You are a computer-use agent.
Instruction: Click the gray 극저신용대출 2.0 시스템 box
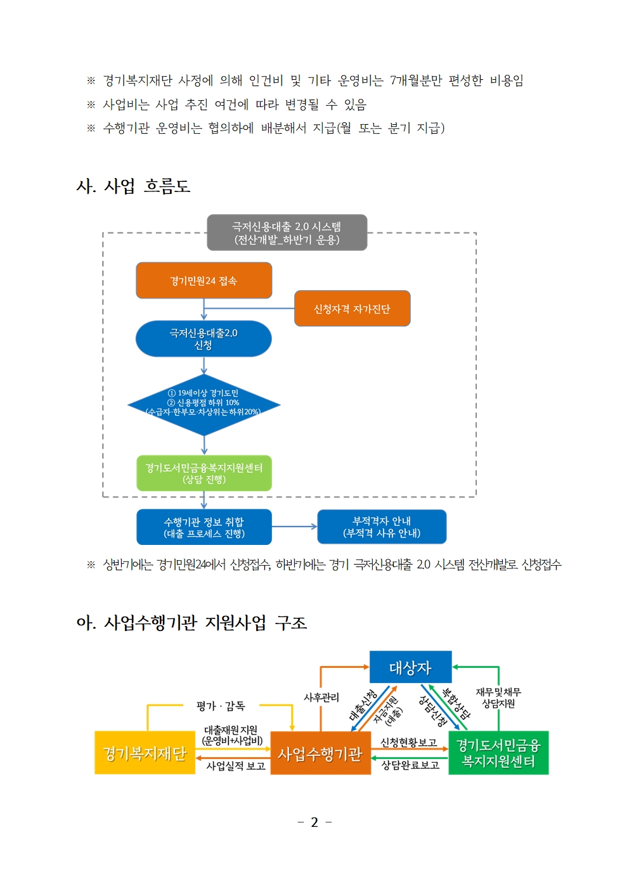click(x=287, y=233)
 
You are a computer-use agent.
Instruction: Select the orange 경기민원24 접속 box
click(x=204, y=281)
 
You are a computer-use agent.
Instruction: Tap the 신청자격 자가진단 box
click(x=352, y=309)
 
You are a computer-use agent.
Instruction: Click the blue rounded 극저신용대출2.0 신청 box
click(x=204, y=339)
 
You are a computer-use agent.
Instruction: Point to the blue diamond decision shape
click(x=204, y=404)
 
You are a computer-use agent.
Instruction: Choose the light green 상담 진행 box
click(x=204, y=473)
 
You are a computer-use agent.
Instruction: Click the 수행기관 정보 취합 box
click(x=204, y=527)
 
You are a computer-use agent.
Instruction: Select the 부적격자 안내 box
click(x=382, y=527)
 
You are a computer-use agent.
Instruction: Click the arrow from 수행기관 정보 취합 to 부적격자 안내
click(x=294, y=527)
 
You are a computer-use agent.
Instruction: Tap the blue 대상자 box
click(x=410, y=667)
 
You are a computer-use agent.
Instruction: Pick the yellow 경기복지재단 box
click(x=145, y=753)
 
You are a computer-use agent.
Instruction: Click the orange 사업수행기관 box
click(x=320, y=753)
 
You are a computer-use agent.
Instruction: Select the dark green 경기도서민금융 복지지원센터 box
click(x=498, y=753)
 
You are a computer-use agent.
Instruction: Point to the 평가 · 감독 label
click(x=221, y=706)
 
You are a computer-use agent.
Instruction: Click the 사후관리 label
click(x=321, y=698)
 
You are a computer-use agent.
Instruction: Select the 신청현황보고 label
click(x=408, y=743)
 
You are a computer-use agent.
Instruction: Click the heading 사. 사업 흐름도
click(x=133, y=186)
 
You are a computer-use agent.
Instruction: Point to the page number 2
click(x=314, y=822)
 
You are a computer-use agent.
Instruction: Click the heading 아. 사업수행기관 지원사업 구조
click(x=191, y=623)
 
